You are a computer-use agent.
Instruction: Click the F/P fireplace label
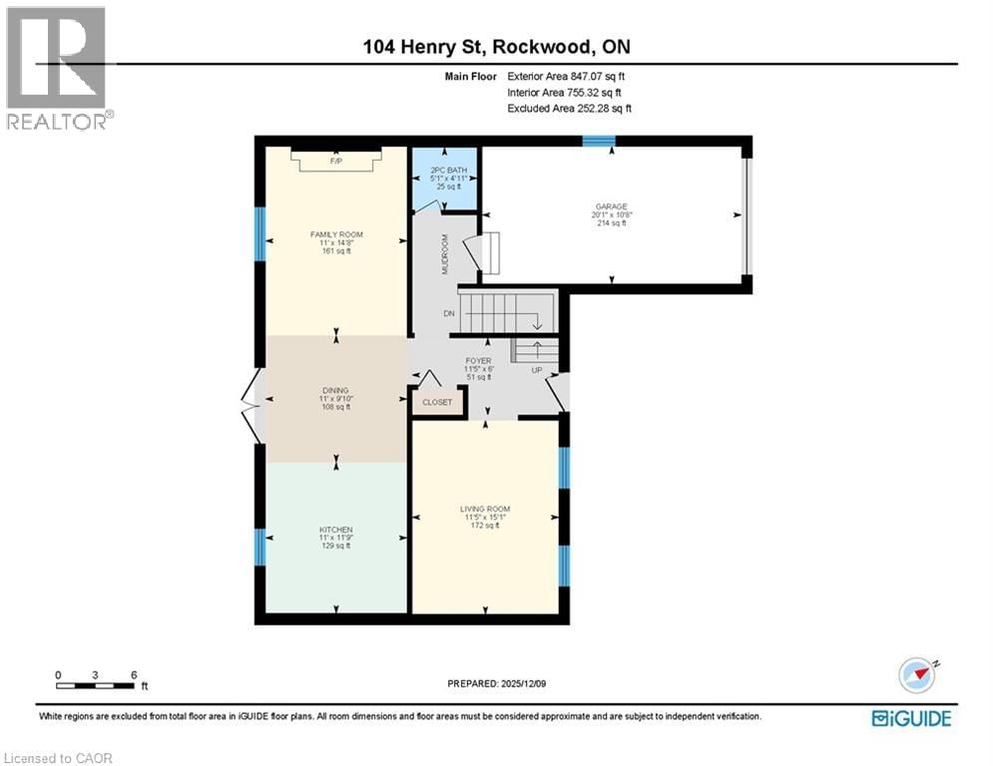coord(335,161)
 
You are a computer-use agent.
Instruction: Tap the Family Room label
coord(335,235)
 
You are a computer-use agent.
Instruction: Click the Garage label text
coord(612,207)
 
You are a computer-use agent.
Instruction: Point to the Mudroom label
coord(446,253)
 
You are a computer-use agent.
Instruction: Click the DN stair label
coord(449,313)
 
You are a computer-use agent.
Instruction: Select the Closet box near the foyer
coord(437,402)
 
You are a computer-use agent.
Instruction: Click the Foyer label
coord(478,361)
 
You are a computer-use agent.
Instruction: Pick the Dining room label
coord(335,392)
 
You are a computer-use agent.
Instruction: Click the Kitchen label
coord(335,530)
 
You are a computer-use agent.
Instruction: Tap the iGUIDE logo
coord(910,718)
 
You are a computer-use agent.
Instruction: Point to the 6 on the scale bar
coord(133,674)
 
